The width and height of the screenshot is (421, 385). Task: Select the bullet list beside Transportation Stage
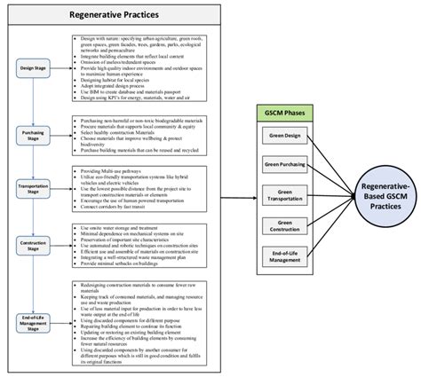[x=142, y=190]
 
